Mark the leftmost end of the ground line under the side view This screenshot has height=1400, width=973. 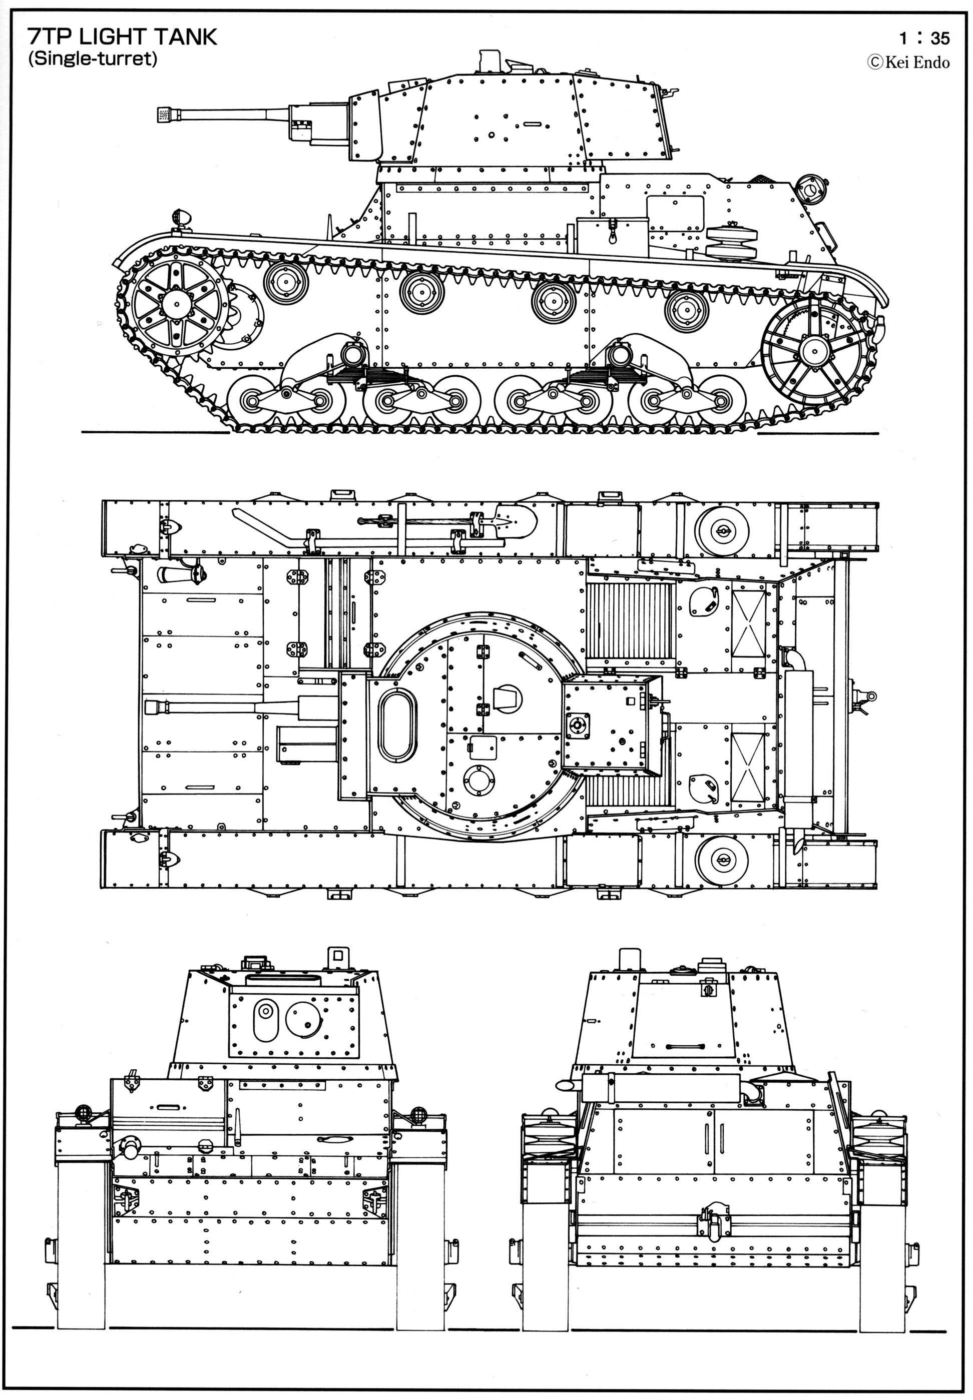(82, 433)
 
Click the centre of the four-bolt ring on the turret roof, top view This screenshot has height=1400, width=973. (576, 724)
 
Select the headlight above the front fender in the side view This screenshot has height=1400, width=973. (181, 218)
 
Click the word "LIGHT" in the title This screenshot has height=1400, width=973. (114, 37)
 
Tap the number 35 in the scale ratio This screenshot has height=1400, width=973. (940, 39)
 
